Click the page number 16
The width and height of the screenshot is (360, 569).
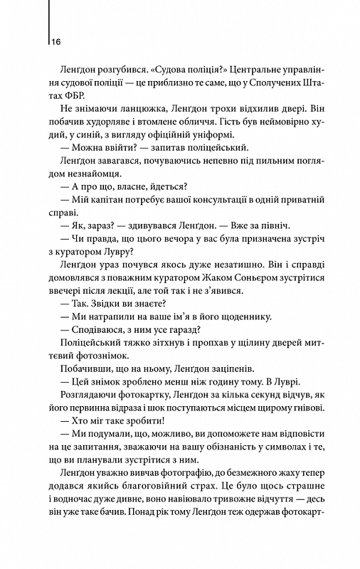point(55,42)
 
